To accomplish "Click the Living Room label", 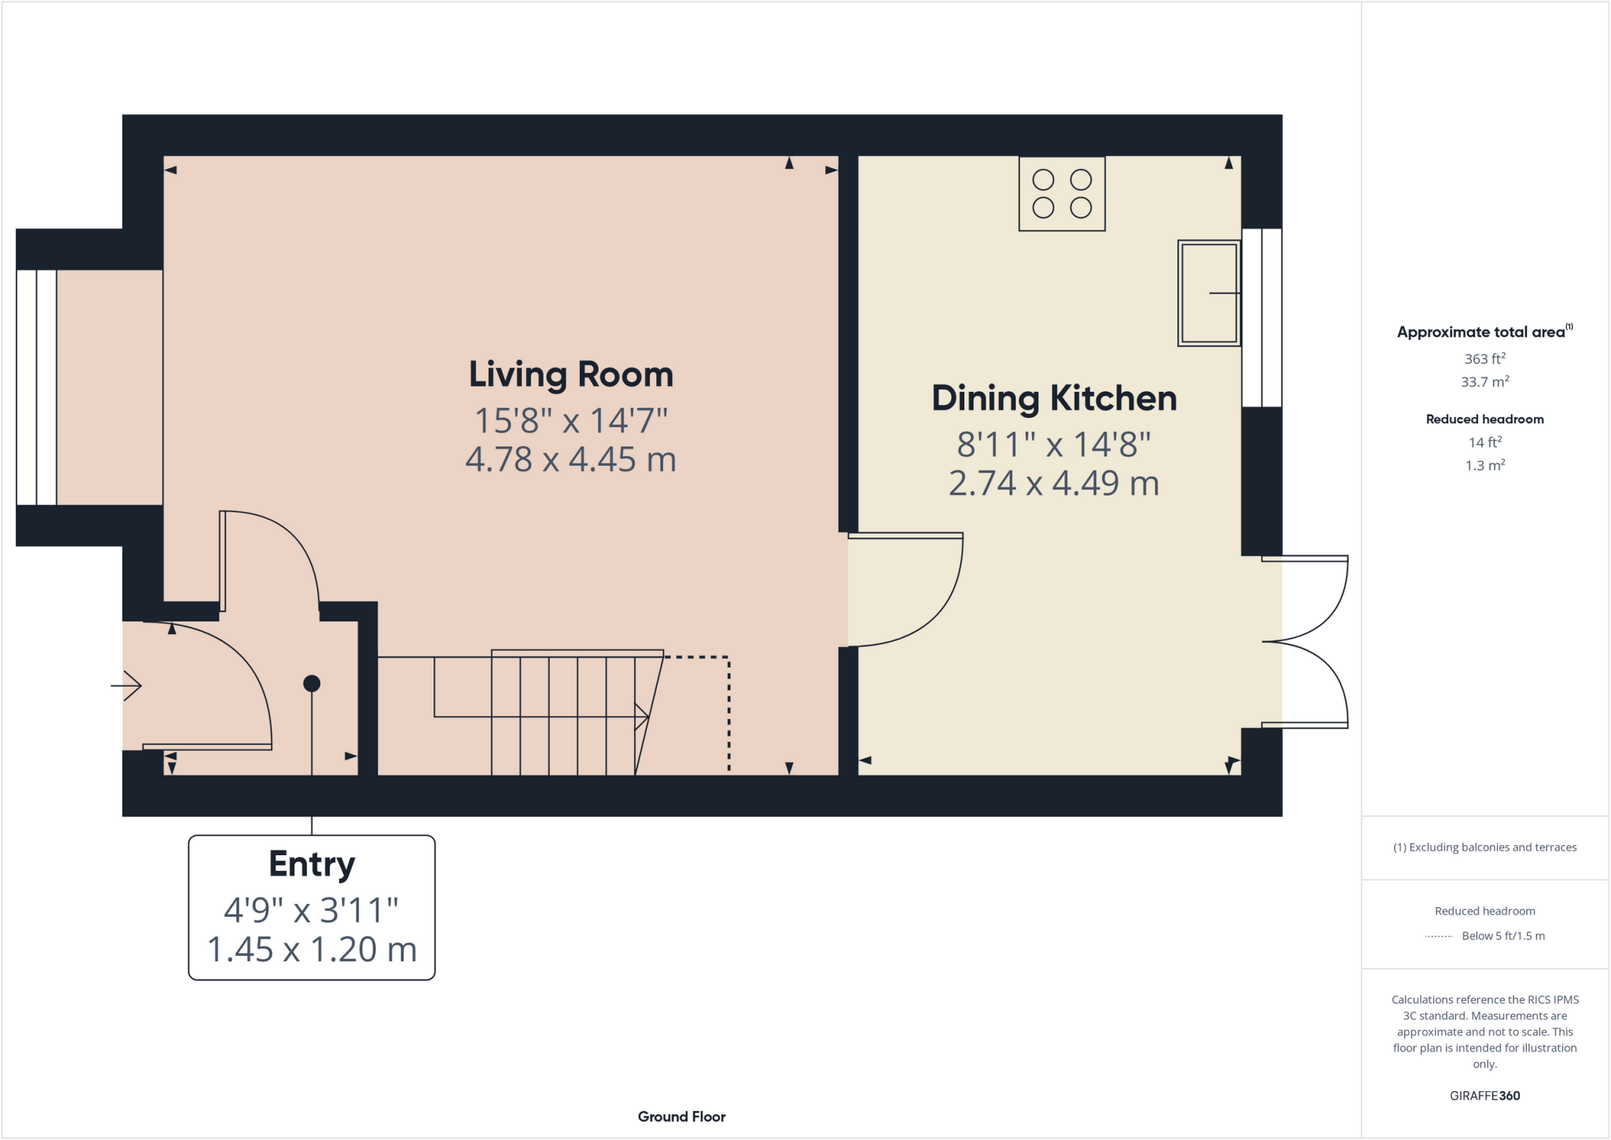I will click(x=571, y=374).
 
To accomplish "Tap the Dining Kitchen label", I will click(x=1054, y=398).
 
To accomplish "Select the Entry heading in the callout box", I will click(x=312, y=864).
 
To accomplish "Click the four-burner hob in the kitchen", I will click(x=1062, y=194).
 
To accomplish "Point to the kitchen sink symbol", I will click(x=1208, y=293).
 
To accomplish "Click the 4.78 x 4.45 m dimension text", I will click(x=571, y=459).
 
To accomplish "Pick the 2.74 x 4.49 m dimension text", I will click(x=1054, y=483).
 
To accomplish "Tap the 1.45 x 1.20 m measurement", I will click(x=312, y=949).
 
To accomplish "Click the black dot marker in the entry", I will click(x=312, y=684).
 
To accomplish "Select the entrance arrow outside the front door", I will click(x=127, y=686).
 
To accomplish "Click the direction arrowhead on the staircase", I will click(x=642, y=717).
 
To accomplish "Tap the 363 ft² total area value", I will click(x=1484, y=359).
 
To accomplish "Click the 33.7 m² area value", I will click(x=1484, y=382).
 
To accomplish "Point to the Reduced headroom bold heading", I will click(x=1484, y=419).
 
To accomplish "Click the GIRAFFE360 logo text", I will click(x=1484, y=1095).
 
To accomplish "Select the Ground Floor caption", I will click(x=681, y=1116).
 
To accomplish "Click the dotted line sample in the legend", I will click(x=1438, y=936).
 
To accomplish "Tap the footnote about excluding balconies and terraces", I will click(x=1484, y=847).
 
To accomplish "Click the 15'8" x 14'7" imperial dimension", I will click(x=571, y=421).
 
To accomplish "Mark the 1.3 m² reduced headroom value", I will click(x=1484, y=465).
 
